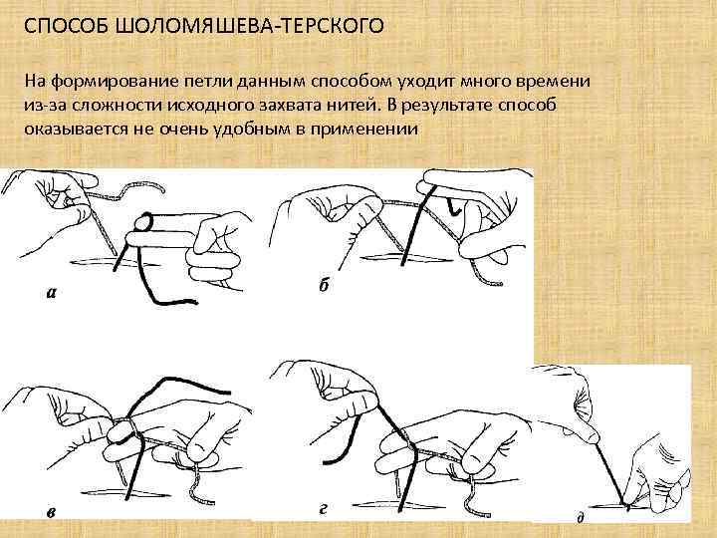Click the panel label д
pyautogui.click(x=580, y=518)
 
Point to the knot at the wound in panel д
pyautogui.click(x=624, y=502)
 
